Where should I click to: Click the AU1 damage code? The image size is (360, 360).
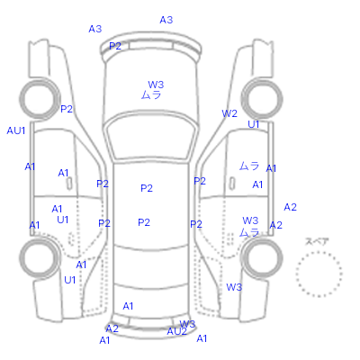click(x=16, y=130)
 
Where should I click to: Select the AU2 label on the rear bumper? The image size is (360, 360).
click(x=177, y=331)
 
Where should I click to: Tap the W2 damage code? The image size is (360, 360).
click(x=229, y=113)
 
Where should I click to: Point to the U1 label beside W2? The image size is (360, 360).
click(x=254, y=124)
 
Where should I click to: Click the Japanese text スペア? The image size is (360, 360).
click(x=317, y=241)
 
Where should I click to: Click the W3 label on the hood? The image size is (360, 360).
click(x=156, y=85)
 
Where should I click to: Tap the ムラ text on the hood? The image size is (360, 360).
click(x=151, y=95)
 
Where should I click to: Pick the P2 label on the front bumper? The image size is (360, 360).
click(x=115, y=46)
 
